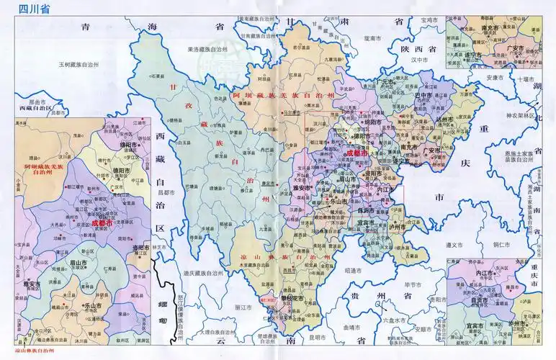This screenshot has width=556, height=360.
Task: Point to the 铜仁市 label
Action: [x=502, y=245]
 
